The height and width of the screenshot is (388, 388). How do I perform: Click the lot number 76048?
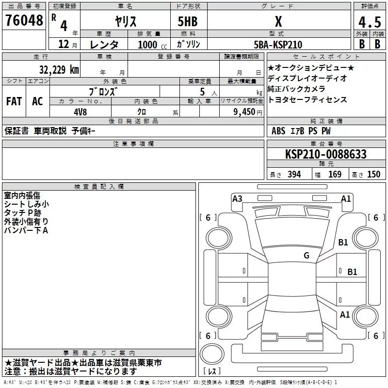coord(24,20)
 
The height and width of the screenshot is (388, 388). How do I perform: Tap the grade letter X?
coord(278,21)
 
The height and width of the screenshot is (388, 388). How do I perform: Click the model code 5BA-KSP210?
coord(278,44)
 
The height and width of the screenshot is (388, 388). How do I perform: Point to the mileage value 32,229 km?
coord(59,69)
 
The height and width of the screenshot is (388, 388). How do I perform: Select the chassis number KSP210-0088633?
coord(325,154)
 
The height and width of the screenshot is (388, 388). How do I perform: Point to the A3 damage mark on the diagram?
coord(237,198)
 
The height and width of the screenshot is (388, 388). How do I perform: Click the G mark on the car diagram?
coord(307,256)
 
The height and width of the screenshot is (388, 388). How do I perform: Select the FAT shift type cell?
coord(14,101)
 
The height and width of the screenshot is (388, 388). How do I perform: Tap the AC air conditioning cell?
coord(37,101)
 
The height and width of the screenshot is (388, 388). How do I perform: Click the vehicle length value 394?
coord(293,174)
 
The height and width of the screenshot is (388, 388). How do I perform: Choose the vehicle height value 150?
coord(373,174)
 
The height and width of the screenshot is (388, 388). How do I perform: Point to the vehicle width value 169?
coord(335,174)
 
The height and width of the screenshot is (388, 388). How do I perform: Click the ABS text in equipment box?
coord(278,131)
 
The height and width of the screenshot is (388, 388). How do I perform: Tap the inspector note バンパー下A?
coord(26,230)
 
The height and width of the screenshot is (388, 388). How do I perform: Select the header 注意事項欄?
coord(133,144)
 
